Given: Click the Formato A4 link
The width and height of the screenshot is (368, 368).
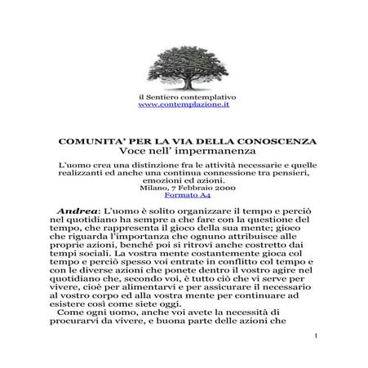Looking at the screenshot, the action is pos(184,196).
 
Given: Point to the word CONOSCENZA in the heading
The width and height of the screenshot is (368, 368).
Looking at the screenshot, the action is pos(272,141).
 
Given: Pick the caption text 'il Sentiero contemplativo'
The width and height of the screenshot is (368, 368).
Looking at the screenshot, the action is pos(184,97).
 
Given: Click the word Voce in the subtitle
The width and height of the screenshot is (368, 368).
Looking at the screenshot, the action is pos(135,152).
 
